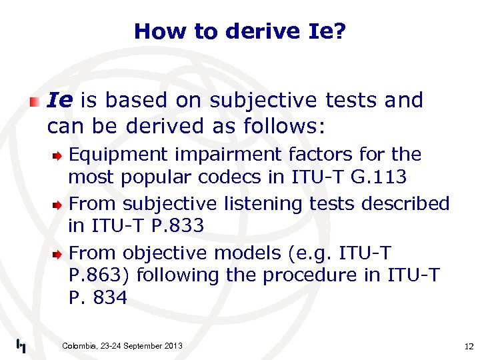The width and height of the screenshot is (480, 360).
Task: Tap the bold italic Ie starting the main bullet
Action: click(60, 100)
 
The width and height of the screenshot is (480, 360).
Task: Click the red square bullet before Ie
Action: click(34, 102)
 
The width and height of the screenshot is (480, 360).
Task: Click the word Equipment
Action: click(119, 155)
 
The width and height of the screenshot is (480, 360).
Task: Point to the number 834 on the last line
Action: click(111, 298)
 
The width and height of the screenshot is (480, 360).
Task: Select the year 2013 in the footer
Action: click(171, 345)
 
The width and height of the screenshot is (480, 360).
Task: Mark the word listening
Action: click(260, 203)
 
